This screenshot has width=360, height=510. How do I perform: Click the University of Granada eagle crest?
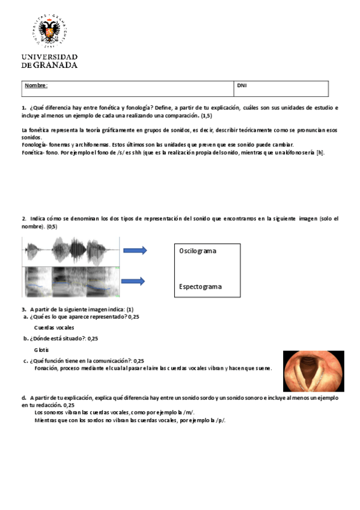click(54, 29)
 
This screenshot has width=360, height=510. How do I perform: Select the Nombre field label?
click(35, 85)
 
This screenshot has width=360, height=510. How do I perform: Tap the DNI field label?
click(242, 85)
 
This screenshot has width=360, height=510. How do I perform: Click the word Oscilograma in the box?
click(198, 250)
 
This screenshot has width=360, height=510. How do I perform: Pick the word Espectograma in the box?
click(200, 286)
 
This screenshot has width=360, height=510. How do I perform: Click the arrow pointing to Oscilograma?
click(135, 250)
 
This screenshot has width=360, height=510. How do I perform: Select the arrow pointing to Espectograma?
click(135, 281)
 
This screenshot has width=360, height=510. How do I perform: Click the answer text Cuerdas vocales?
click(54, 328)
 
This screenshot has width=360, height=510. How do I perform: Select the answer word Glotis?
click(41, 349)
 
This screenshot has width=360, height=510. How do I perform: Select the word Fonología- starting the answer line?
click(34, 145)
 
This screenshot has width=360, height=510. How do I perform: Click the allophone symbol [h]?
click(320, 153)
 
